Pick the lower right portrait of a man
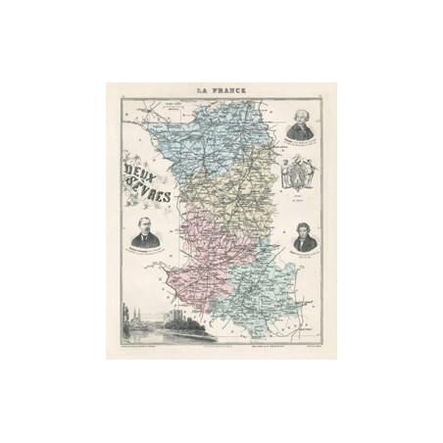coord(303,238)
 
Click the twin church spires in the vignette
coord(133,313)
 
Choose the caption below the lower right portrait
coord(303,259)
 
